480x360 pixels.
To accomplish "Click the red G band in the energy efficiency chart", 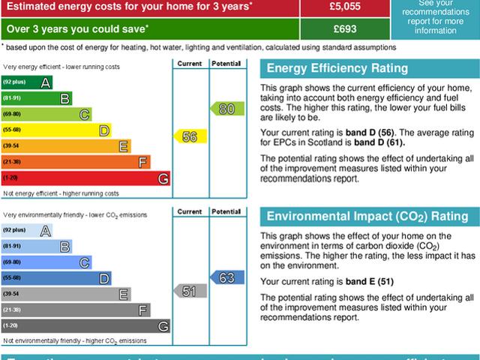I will point(85,178).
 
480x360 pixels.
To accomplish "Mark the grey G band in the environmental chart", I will point(85,326).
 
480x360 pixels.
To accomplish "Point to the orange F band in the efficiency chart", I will point(76,162).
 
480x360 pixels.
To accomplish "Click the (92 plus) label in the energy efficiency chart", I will point(14,82).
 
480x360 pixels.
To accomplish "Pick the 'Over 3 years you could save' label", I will point(75,28).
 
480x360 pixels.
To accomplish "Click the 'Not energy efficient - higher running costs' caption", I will point(61,193).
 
